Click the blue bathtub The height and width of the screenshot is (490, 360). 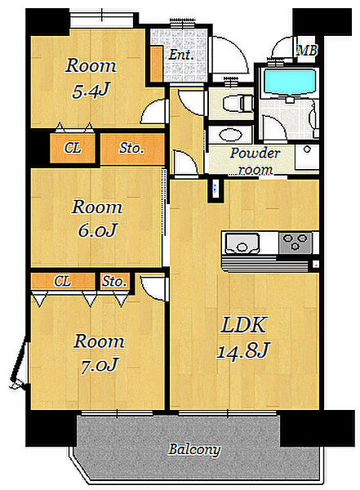coord(290,82)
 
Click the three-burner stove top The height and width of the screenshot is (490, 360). coord(296,243)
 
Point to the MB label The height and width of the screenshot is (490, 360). coord(307,51)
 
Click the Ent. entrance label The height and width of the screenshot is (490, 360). coord(181,55)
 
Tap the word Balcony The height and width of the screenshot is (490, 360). coord(194,449)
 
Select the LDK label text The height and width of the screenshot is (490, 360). coord(243,324)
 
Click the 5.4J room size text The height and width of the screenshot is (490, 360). coord(91,91)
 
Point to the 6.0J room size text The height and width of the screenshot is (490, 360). coord(97,230)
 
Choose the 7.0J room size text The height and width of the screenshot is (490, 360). coord(99,365)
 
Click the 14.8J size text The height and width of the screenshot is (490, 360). coord(242,350)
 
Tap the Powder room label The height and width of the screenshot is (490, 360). coord(255,161)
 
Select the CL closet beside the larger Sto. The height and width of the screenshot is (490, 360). coord(73,148)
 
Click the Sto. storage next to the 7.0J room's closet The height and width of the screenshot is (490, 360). coord(114,281)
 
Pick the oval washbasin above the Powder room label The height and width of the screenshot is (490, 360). coord(231,136)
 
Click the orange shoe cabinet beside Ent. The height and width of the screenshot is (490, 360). coord(156,64)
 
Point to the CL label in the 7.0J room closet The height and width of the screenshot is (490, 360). coord(62,281)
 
